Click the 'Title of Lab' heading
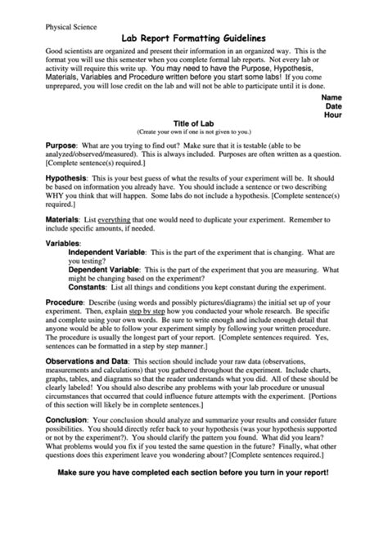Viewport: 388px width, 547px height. tap(193, 123)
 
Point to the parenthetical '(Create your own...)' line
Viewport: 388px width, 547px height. tap(193, 131)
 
